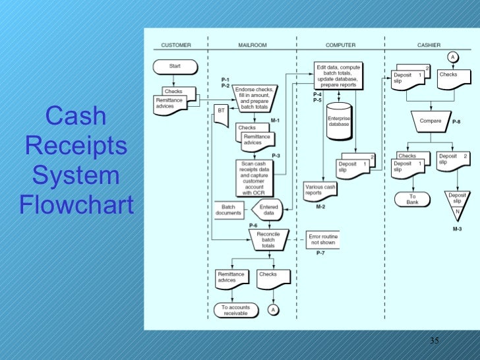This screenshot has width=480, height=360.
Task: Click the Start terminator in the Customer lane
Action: [175, 67]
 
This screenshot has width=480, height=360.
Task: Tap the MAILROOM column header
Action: [252, 45]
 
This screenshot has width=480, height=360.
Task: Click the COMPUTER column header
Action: [340, 45]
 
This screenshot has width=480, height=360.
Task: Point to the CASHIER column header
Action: [429, 45]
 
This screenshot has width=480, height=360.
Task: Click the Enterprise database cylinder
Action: [340, 121]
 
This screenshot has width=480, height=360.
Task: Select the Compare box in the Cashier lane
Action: [430, 121]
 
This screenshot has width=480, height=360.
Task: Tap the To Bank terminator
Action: [412, 198]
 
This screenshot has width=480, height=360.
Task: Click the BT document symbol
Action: [221, 112]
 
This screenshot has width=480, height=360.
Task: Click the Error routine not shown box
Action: [322, 239]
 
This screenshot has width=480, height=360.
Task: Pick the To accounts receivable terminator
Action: [236, 310]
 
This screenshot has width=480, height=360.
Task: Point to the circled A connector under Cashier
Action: [452, 57]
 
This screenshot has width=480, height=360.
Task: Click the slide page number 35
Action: [434, 341]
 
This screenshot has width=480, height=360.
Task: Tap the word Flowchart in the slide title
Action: [76, 205]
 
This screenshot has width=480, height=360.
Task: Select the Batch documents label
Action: [228, 210]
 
